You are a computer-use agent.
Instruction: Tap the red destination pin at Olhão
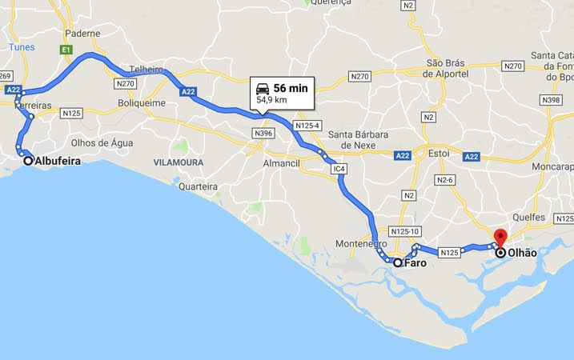pyautogui.click(x=501, y=238)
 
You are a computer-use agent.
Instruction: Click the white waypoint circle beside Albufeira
pyautogui.click(x=28, y=161)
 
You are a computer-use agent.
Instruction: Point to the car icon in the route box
pyautogui.click(x=263, y=88)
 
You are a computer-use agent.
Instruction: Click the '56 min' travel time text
pyautogui.click(x=290, y=88)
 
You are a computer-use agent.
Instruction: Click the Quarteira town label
pyautogui.click(x=199, y=186)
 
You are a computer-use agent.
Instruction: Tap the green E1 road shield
pyautogui.click(x=66, y=50)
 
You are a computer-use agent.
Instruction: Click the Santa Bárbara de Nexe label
pyautogui.click(x=358, y=140)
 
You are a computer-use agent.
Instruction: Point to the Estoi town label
pyautogui.click(x=438, y=152)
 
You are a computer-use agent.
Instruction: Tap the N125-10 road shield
pyautogui.click(x=405, y=232)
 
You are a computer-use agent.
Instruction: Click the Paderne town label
pyautogui.click(x=83, y=34)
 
